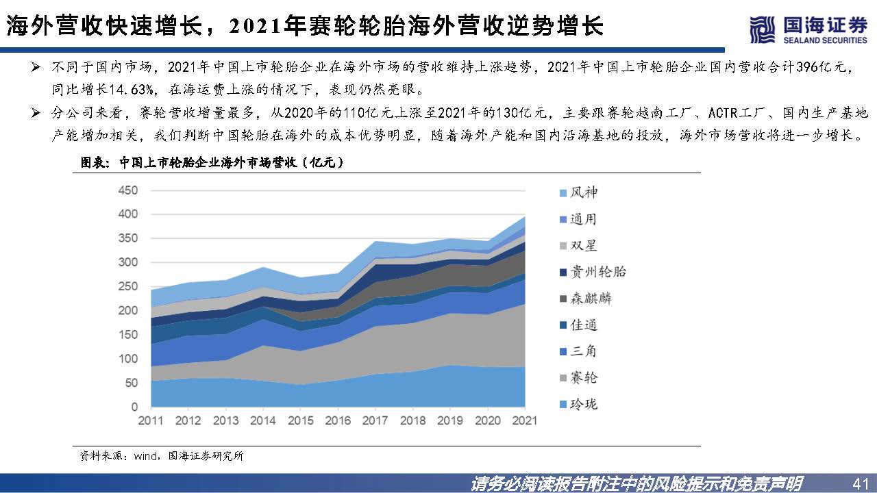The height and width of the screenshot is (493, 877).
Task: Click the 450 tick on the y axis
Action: (128, 190)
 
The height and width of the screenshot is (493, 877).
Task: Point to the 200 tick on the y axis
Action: (128, 311)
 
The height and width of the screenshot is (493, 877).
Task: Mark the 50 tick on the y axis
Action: (131, 383)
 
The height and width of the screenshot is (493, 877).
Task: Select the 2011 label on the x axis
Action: (151, 420)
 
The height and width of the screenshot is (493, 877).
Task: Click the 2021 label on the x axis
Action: (525, 420)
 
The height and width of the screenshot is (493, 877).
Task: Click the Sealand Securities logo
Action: (808, 29)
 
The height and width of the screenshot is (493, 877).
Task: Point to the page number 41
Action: (859, 483)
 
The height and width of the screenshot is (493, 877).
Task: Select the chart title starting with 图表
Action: (212, 163)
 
